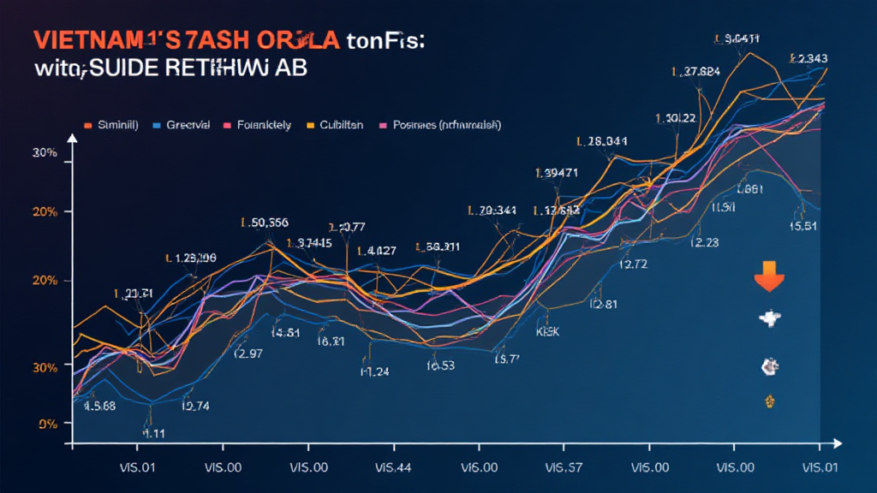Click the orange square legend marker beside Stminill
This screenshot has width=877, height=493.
click(87, 125)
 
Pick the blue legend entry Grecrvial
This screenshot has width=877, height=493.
click(181, 125)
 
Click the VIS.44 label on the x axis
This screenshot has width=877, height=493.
click(393, 469)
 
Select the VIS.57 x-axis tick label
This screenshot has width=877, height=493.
click(563, 469)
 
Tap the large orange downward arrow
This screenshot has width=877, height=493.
click(767, 282)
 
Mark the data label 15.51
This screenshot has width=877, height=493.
click(802, 226)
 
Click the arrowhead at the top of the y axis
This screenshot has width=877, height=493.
click(73, 145)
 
